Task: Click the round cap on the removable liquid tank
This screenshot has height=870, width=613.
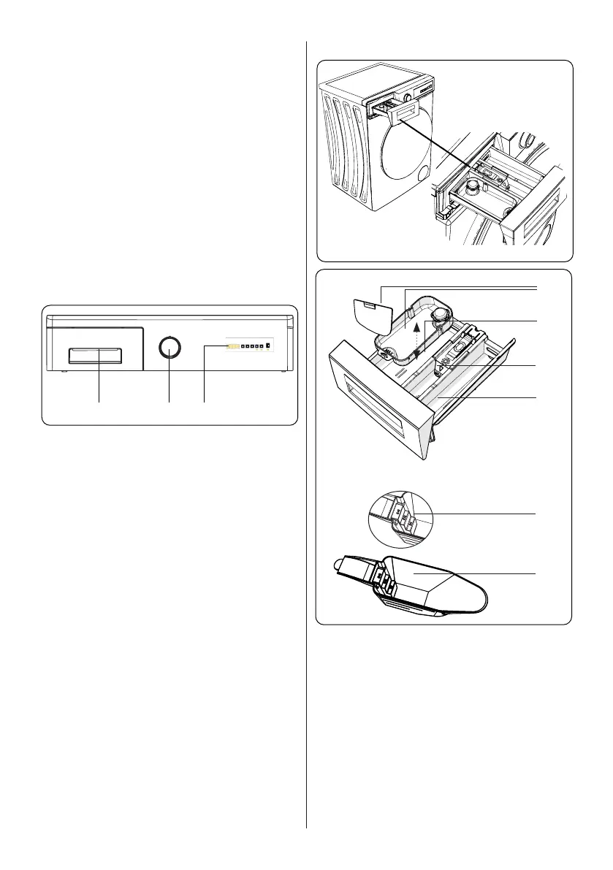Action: point(441,314)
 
